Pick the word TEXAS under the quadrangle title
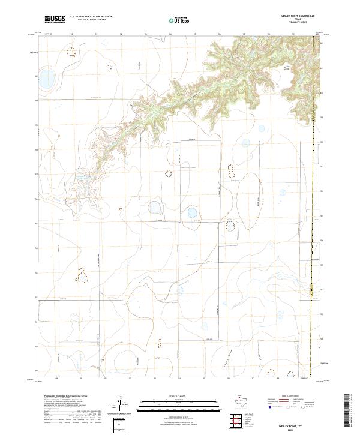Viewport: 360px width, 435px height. (297, 19)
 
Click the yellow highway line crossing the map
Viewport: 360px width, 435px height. (311, 240)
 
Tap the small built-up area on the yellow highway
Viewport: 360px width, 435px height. (311, 292)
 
